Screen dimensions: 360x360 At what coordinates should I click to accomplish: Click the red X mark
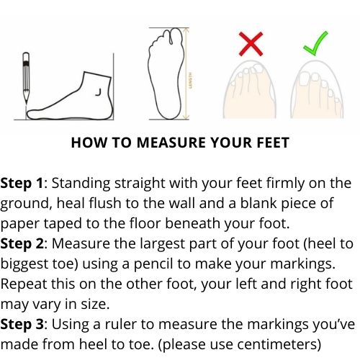pyautogui.click(x=251, y=44)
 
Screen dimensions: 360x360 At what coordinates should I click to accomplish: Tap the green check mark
pyautogui.click(x=315, y=43)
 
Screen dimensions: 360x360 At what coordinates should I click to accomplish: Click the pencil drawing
pyautogui.click(x=26, y=78)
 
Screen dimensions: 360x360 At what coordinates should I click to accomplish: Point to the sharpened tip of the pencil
pyautogui.click(x=26, y=104)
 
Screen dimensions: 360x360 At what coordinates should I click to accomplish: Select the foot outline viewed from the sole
pyautogui.click(x=166, y=73)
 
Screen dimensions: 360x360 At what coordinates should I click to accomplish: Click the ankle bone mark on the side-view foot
pyautogui.click(x=99, y=92)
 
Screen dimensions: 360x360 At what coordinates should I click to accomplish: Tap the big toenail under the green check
pyautogui.click(x=304, y=78)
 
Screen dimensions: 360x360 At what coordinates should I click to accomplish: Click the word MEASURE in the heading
pyautogui.click(x=171, y=143)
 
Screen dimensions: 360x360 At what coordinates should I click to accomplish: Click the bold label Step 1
pyautogui.click(x=22, y=184)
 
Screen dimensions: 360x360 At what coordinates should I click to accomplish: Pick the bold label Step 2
pyautogui.click(x=22, y=244)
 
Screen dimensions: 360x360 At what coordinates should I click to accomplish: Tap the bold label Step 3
pyautogui.click(x=22, y=325)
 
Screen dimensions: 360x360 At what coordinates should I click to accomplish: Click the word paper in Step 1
pyautogui.click(x=20, y=225)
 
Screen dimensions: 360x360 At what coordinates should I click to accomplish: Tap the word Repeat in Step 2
pyautogui.click(x=23, y=284)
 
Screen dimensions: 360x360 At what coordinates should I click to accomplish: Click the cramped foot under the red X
pyautogui.click(x=250, y=89)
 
